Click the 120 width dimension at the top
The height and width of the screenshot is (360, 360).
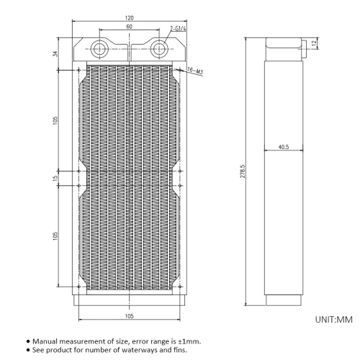point(130,18)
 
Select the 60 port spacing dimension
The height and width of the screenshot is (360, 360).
point(129,27)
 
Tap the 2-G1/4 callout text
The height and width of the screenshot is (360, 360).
point(178,29)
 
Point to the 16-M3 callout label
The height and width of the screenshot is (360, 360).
point(195,71)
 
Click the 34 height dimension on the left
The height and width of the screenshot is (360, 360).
point(55,54)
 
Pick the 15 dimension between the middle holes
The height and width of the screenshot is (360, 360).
point(55,178)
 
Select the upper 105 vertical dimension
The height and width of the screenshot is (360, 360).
point(55,120)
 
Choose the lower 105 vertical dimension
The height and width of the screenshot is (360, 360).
point(55,236)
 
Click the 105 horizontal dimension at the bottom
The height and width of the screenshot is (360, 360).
point(129,316)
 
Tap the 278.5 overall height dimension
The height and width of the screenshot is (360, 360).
point(243,171)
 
